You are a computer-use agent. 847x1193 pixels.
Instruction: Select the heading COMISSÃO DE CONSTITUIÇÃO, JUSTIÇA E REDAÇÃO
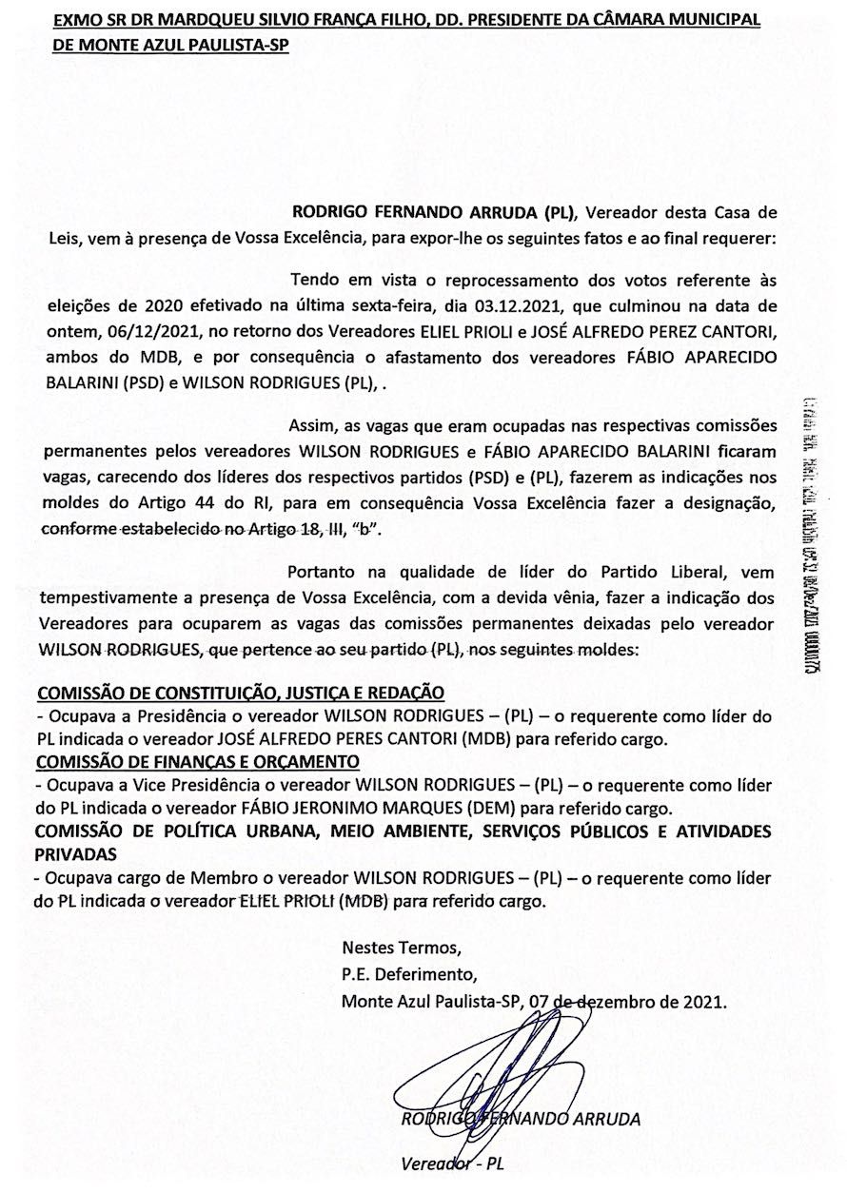pyautogui.click(x=241, y=694)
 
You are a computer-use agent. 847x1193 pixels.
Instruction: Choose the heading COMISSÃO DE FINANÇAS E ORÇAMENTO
pyautogui.click(x=198, y=761)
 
